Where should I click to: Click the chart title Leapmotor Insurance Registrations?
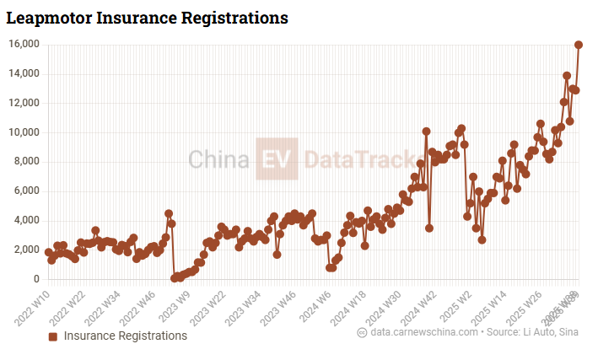tap(148, 17)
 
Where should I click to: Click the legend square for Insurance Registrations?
tap(52, 336)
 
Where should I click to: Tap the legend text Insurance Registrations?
tap(126, 336)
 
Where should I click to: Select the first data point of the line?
tap(48, 251)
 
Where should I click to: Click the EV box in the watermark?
tap(277, 159)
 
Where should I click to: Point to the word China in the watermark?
tap(218, 159)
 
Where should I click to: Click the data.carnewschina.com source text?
tap(422, 333)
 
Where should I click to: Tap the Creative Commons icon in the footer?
tap(362, 333)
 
